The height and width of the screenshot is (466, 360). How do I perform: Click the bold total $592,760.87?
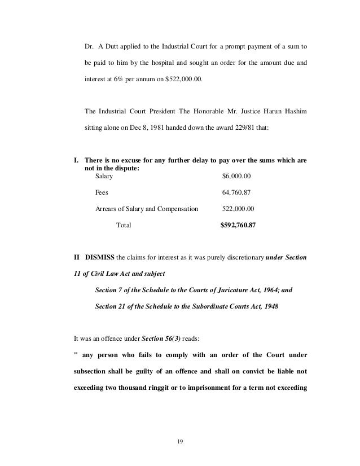point(238,225)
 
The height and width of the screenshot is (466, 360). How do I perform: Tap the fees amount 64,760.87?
point(238,192)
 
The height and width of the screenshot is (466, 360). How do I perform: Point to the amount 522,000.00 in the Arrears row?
point(238,208)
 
